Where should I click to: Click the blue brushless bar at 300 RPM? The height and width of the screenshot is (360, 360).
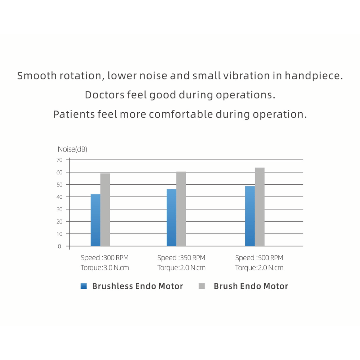click(95, 220)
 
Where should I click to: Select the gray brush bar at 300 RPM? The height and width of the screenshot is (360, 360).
click(105, 210)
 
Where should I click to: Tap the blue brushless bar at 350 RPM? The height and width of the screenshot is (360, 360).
click(171, 218)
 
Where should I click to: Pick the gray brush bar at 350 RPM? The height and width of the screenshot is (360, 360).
click(181, 209)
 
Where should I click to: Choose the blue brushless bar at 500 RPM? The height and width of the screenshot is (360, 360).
click(250, 216)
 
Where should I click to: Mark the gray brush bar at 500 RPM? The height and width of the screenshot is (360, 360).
click(260, 207)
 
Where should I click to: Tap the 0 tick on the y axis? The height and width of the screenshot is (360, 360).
click(59, 246)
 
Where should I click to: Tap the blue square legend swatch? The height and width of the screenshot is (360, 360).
click(84, 287)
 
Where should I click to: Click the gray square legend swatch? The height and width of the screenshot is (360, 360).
click(202, 287)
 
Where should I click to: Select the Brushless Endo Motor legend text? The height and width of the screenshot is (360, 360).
click(138, 287)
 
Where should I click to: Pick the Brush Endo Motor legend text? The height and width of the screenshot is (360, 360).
click(251, 287)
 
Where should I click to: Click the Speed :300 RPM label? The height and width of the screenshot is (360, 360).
click(104, 258)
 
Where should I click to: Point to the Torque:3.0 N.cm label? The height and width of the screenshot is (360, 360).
click(104, 268)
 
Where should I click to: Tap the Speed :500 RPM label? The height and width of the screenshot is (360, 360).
click(259, 258)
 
